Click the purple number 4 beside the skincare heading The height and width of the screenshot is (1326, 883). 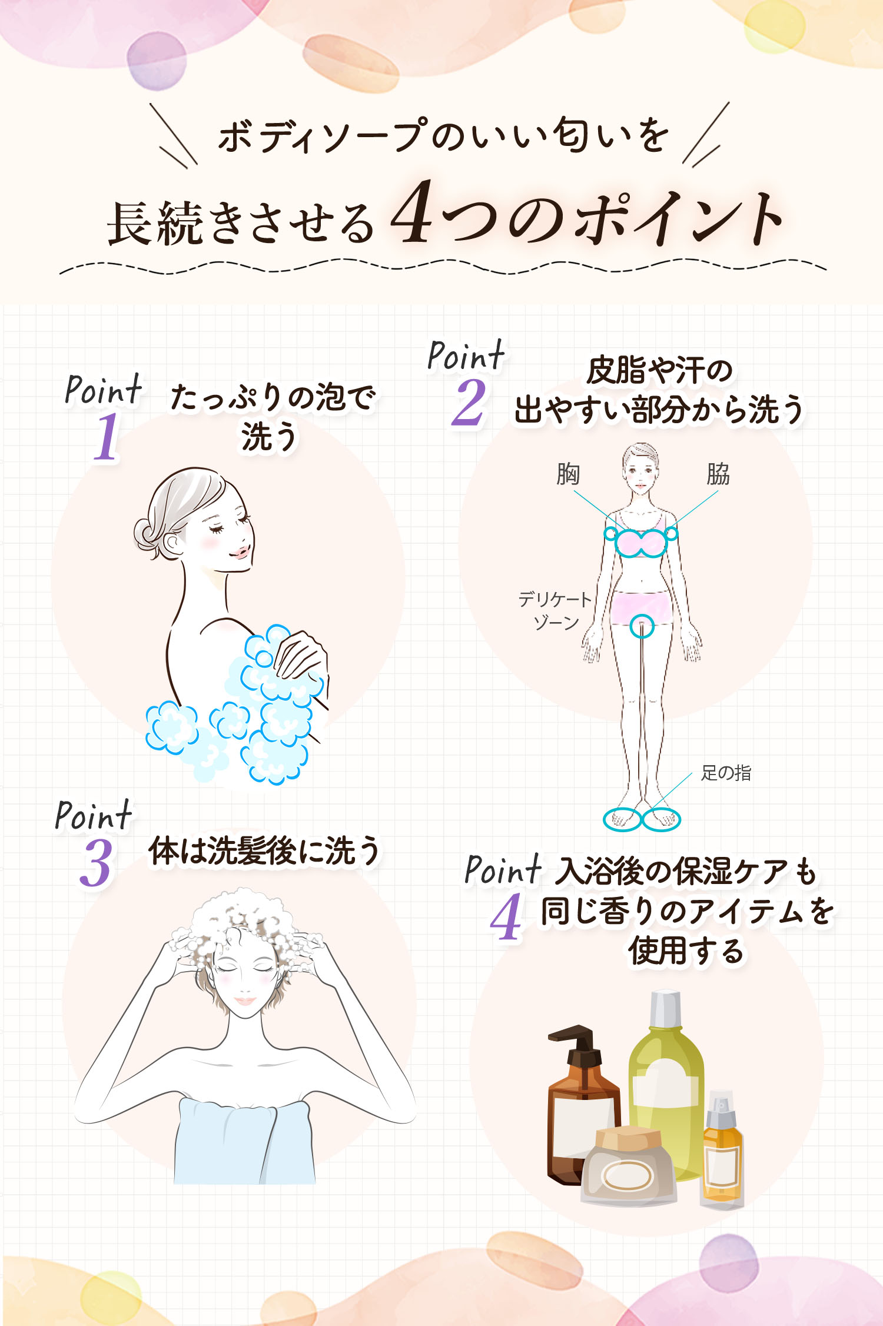[506, 917]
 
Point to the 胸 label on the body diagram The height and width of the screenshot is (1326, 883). [568, 474]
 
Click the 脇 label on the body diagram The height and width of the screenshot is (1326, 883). [718, 474]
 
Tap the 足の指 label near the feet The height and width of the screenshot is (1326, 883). [726, 773]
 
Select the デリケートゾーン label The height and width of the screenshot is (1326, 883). [555, 611]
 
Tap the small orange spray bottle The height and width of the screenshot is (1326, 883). [722, 1151]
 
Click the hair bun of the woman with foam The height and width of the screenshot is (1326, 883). [145, 533]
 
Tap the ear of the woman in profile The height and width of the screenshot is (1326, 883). [172, 544]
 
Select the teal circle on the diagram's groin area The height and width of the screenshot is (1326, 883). [642, 626]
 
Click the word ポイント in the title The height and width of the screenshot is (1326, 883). [677, 218]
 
